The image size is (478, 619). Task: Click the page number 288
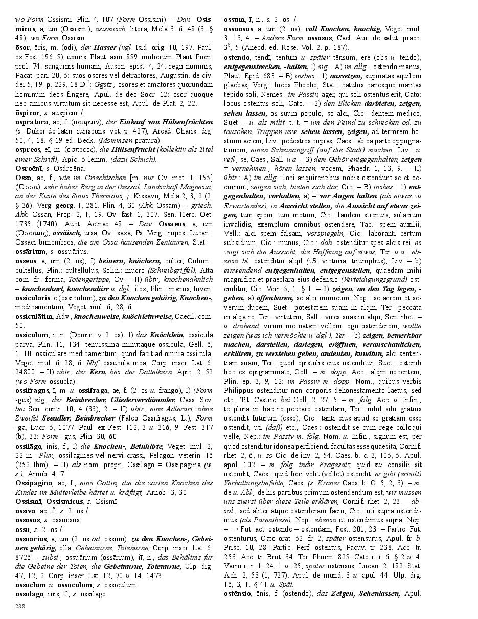pyautogui.click(x=20, y=606)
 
